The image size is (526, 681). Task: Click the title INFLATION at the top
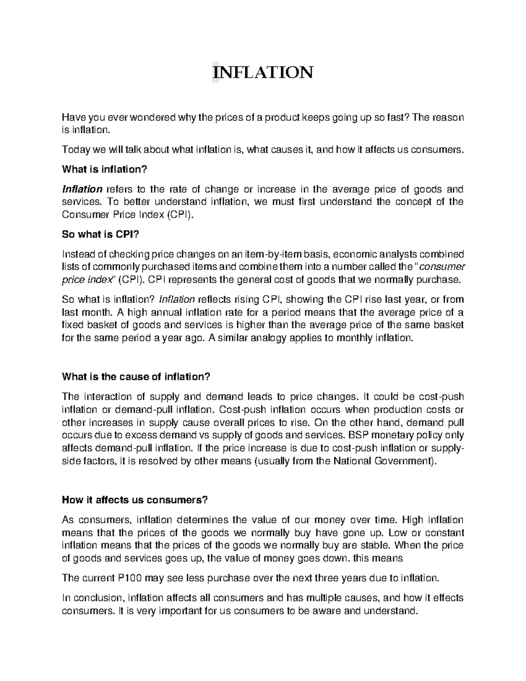click(x=263, y=72)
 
